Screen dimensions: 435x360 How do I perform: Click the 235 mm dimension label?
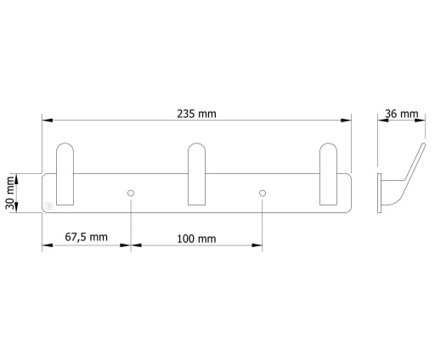tap(196, 114)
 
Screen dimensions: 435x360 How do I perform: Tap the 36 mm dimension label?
tap(402, 114)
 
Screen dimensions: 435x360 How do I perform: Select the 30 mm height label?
tap(10, 193)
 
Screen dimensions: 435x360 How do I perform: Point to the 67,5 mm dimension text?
tap(87, 237)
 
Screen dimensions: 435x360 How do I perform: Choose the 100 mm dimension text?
tap(196, 239)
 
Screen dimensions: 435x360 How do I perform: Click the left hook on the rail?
tap(65, 174)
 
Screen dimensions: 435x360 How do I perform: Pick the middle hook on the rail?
tap(197, 174)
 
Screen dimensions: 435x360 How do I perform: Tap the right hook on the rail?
tap(329, 174)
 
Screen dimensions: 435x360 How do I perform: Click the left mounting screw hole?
tap(131, 194)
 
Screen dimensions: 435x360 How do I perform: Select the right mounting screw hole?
tap(263, 194)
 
